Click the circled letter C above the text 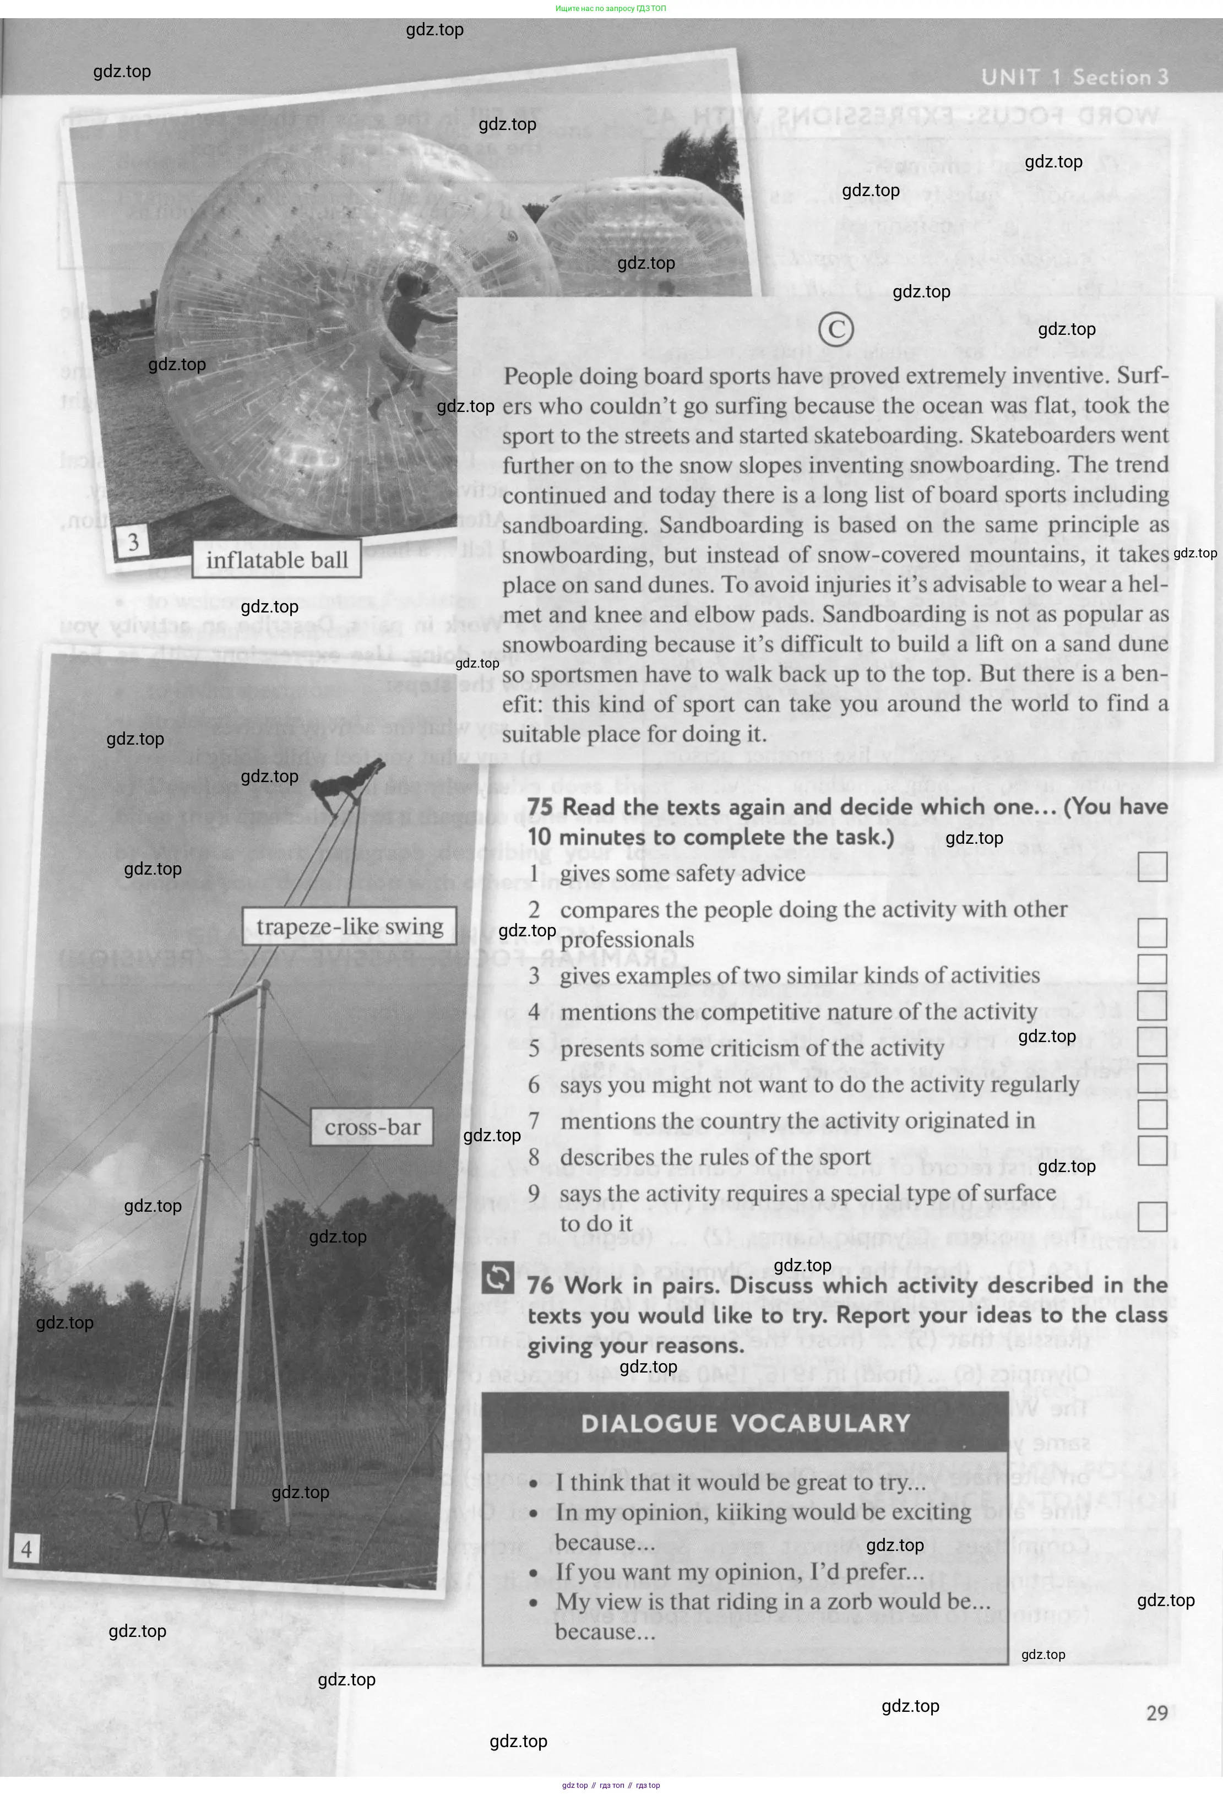pyautogui.click(x=835, y=330)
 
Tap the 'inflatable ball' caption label pyautogui.click(x=276, y=560)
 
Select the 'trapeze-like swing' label pyautogui.click(x=349, y=926)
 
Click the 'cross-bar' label pyautogui.click(x=372, y=1127)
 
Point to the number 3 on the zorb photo pyautogui.click(x=133, y=542)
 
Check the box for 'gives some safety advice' pyautogui.click(x=1151, y=866)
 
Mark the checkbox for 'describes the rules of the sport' pyautogui.click(x=1151, y=1150)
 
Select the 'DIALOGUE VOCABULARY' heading pyautogui.click(x=745, y=1423)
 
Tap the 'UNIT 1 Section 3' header pyautogui.click(x=1074, y=77)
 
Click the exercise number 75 pyautogui.click(x=541, y=806)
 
